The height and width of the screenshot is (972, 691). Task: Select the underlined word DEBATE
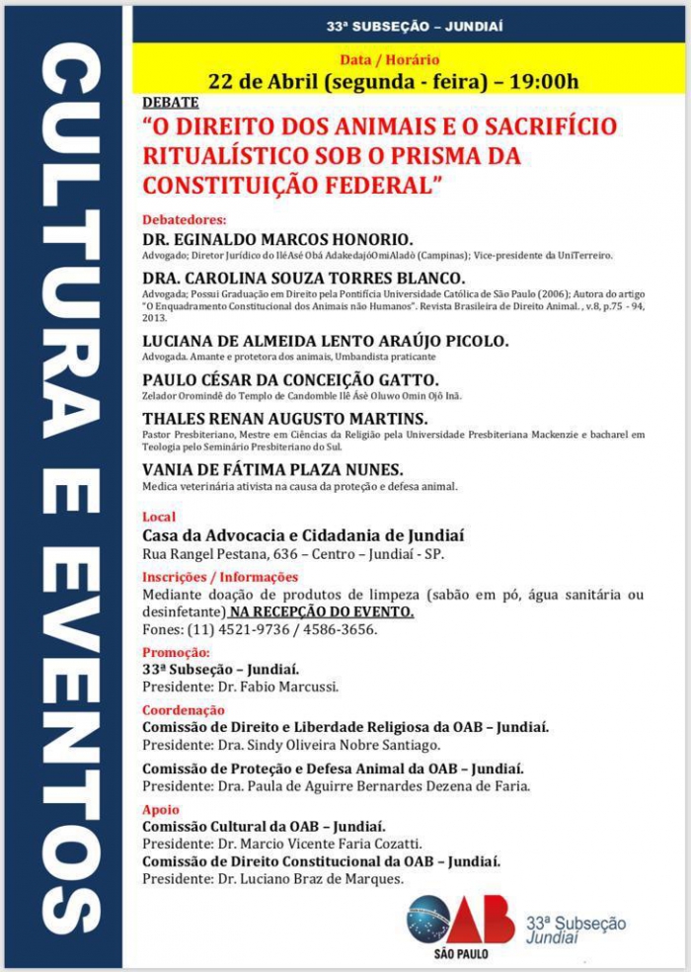pos(171,102)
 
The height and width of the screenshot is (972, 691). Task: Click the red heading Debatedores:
pos(185,219)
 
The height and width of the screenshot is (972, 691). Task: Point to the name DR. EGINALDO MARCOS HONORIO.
pos(277,239)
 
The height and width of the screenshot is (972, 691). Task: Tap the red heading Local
pos(159,517)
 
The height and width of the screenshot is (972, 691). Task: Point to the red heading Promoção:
pos(176,652)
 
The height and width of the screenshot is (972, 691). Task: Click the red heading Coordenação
pos(184,709)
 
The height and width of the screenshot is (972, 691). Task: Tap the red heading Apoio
pos(161,809)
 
